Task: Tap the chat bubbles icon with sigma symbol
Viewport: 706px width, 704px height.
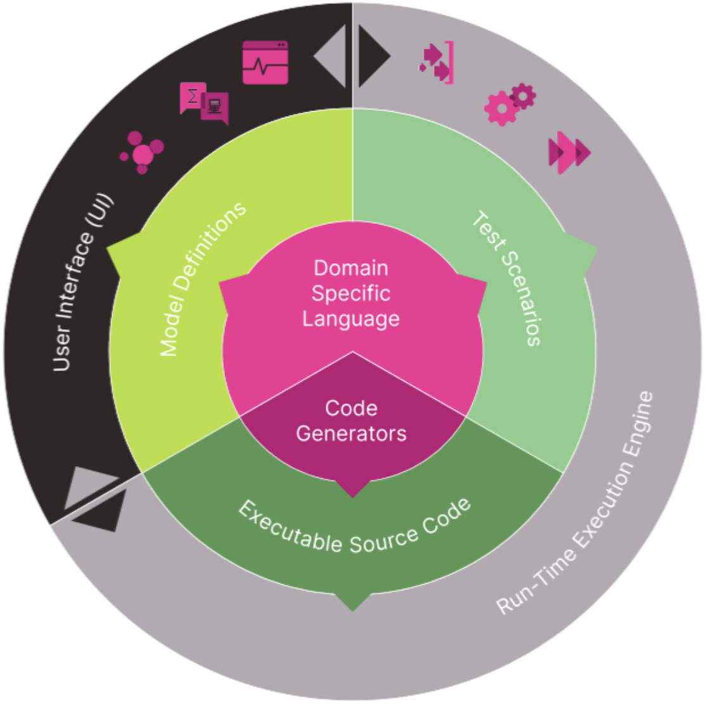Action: pos(204,103)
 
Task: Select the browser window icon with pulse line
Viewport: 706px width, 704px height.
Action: pos(266,62)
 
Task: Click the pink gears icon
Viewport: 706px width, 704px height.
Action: pos(510,104)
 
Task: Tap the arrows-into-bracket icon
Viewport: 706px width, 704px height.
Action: pos(437,62)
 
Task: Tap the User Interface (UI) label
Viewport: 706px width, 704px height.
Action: pos(82,283)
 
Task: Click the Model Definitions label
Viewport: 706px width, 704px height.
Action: pos(201,279)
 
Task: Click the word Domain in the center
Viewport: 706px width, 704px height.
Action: pos(351,268)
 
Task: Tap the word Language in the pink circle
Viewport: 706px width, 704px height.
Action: pos(351,318)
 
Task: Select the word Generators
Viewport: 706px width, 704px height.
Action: pos(351,433)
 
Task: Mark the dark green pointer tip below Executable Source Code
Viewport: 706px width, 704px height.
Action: pos(353,603)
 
